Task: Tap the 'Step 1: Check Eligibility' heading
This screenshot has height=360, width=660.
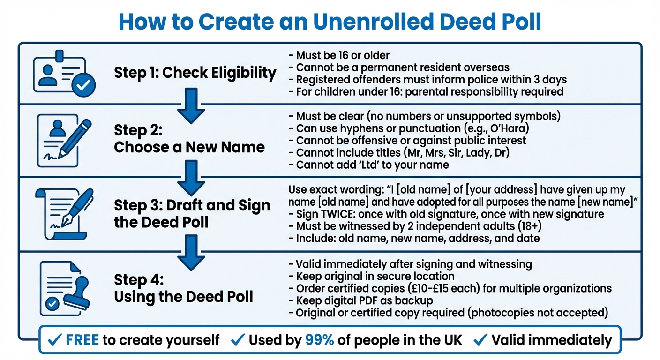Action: click(x=195, y=73)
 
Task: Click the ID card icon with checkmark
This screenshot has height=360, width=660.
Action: click(x=63, y=74)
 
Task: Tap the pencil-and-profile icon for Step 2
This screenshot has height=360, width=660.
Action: click(x=64, y=139)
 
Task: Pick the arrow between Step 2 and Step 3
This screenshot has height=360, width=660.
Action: click(x=192, y=178)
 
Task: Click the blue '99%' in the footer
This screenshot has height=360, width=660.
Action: click(x=320, y=340)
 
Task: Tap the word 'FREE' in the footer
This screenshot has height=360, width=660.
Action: click(x=82, y=340)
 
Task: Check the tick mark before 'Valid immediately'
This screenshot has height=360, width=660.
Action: click(x=481, y=340)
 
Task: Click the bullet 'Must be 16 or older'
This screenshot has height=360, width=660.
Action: click(x=339, y=56)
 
